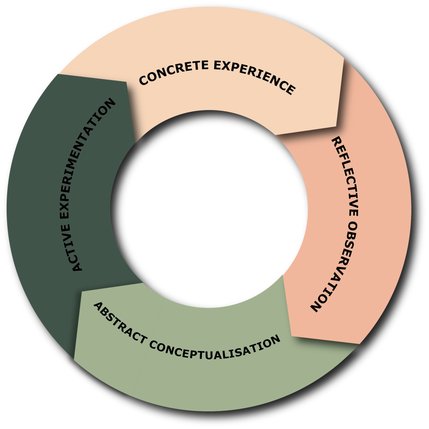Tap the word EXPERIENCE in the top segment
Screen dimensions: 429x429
pyautogui.click(x=254, y=76)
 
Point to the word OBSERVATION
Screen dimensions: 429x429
pyautogui.click(x=338, y=267)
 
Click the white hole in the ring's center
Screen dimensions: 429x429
pyautogui.click(x=209, y=209)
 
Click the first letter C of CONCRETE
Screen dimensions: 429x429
pyautogui.click(x=143, y=80)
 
